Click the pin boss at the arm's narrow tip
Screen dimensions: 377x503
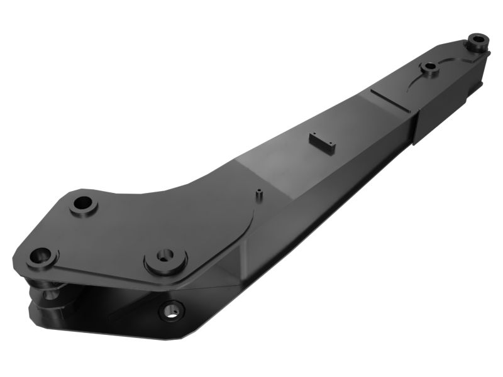click(478, 43)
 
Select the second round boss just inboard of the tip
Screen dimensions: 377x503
click(431, 67)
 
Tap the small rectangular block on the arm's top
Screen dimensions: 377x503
click(322, 142)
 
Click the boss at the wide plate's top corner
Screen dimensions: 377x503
click(83, 205)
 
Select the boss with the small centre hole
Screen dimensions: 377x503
click(165, 258)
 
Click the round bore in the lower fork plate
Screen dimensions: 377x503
click(172, 310)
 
